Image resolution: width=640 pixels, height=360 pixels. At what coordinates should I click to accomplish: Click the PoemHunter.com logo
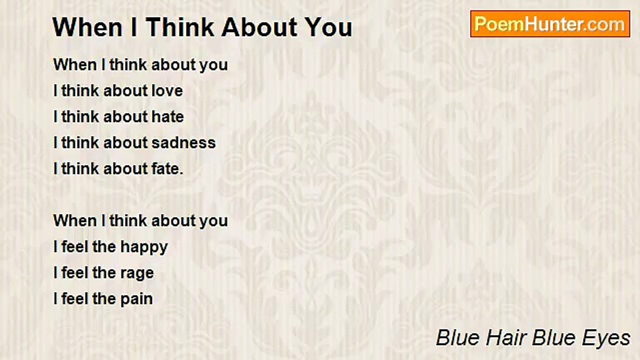click(550, 24)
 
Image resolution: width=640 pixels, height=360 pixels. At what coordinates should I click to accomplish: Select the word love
click(167, 91)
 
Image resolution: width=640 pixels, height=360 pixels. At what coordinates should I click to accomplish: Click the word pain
click(136, 299)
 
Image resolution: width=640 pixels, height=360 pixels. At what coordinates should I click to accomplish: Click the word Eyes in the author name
click(607, 338)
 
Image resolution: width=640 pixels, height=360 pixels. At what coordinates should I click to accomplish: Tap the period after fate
click(181, 172)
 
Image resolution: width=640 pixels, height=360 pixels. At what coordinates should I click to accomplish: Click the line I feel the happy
click(110, 247)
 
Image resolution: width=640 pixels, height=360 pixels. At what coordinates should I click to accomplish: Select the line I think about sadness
click(134, 143)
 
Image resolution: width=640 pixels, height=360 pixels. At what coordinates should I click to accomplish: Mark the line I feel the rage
click(103, 273)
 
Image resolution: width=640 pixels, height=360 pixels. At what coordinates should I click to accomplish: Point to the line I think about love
click(118, 91)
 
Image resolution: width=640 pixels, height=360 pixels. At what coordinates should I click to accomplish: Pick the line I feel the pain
click(103, 299)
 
